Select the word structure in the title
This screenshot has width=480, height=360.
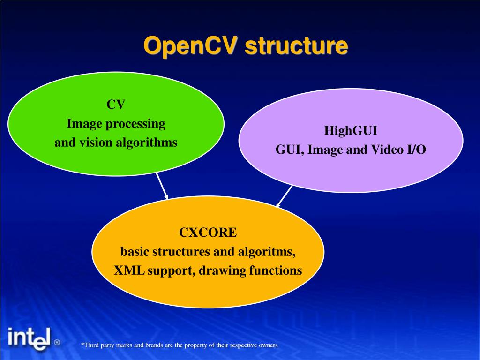(297, 47)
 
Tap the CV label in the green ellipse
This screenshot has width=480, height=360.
(116, 105)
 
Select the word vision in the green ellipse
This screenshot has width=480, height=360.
(91, 142)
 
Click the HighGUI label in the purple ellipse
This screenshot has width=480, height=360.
(351, 130)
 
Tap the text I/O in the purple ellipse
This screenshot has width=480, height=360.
(414, 150)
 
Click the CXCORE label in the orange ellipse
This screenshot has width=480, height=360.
(208, 232)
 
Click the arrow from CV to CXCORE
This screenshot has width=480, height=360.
(162, 186)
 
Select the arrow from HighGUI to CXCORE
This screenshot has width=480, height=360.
(285, 196)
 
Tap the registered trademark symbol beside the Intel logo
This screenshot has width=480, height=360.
(57, 343)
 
